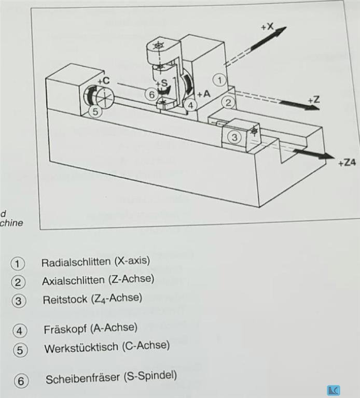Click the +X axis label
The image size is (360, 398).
(267, 26)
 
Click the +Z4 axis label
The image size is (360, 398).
(347, 162)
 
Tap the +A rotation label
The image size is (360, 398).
(204, 94)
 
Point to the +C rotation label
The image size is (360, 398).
(104, 81)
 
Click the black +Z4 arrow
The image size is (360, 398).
(313, 154)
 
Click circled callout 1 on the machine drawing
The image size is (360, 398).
(219, 80)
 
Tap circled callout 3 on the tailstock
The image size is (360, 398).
(234, 137)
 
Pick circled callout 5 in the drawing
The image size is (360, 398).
(95, 111)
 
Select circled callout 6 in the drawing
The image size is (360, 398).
(151, 94)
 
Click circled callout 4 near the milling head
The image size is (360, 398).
(190, 105)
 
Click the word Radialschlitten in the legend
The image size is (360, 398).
(76, 262)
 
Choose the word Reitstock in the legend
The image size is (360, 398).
(65, 300)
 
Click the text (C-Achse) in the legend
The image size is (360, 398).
(146, 346)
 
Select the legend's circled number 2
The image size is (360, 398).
(18, 282)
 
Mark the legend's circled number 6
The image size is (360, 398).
(21, 381)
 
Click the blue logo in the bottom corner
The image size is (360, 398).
(334, 390)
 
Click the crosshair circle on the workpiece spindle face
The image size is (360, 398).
(105, 97)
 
